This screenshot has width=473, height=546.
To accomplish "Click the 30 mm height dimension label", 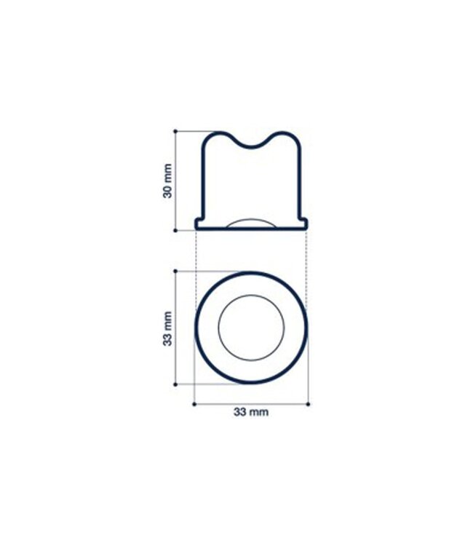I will [168, 181].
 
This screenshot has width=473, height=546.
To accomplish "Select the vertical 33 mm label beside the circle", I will [168, 328].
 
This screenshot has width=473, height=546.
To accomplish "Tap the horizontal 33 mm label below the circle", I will [251, 412].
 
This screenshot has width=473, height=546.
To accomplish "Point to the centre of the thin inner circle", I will [251, 328].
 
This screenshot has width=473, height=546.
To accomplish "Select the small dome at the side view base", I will [251, 223].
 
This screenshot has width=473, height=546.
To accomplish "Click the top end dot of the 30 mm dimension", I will [176, 131].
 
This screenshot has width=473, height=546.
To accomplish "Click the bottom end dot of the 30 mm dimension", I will [176, 229].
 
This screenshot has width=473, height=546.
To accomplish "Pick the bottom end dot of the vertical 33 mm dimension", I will [175, 384].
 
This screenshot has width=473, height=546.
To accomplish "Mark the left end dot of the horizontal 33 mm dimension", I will [194, 403].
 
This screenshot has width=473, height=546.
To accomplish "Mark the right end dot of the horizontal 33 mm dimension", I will [308, 403].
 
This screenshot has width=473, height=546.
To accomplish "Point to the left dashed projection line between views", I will [196, 251].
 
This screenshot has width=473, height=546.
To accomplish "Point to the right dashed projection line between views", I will [306, 251].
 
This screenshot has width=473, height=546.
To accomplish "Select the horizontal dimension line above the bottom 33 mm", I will [251, 403].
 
